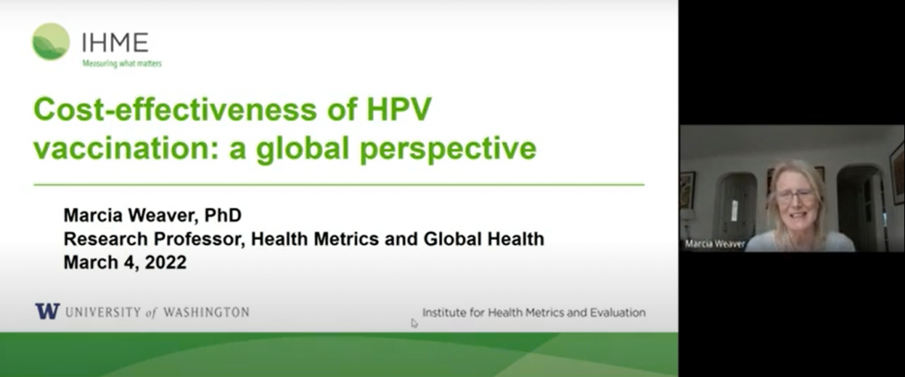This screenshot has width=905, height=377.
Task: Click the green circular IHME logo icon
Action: [x=50, y=42]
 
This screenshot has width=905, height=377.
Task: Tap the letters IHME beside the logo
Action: [x=116, y=42]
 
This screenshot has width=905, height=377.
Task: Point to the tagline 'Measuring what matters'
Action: [x=122, y=64]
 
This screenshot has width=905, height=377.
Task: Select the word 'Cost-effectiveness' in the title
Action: [x=175, y=109]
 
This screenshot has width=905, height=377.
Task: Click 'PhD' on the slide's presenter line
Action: [x=223, y=215]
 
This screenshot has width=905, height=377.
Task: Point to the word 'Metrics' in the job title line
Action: [x=346, y=238]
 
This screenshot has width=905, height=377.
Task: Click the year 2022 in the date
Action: [x=165, y=262]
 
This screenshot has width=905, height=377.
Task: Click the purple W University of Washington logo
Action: [x=48, y=312]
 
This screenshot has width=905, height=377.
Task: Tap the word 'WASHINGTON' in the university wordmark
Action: [x=206, y=312]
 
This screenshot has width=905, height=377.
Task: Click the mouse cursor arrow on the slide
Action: [x=414, y=323]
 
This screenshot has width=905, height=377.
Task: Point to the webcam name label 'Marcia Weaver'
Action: [x=715, y=244]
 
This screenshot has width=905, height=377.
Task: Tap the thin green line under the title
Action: [x=338, y=185]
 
